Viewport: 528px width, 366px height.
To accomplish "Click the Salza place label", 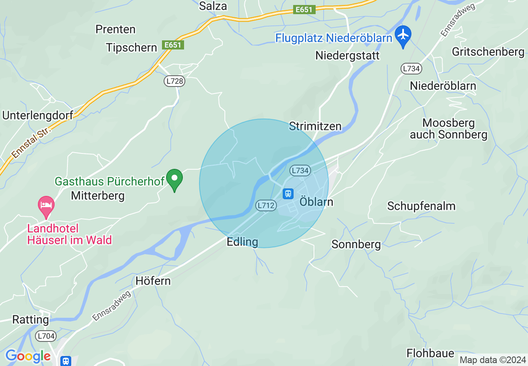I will click(213, 6).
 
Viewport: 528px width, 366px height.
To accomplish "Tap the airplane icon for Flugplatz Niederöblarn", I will click(403, 35).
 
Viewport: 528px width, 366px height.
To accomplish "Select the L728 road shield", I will click(174, 81).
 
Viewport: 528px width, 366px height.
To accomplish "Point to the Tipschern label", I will click(132, 47).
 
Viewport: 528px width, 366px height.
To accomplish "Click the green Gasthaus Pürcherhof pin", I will click(174, 179).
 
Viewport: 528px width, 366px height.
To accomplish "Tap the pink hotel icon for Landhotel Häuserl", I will click(46, 205).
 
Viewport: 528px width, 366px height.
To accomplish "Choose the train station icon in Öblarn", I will click(288, 193).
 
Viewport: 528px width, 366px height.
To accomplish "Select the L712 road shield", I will click(266, 205).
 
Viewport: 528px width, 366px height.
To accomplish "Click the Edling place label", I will click(242, 242).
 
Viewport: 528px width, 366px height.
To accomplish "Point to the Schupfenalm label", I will click(421, 206).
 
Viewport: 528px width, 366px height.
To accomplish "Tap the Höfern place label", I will click(153, 281).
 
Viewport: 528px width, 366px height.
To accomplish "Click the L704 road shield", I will click(46, 336).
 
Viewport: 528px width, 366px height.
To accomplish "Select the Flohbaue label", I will click(431, 354).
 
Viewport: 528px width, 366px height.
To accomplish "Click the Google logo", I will click(28, 356).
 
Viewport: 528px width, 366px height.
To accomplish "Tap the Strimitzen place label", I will click(315, 126).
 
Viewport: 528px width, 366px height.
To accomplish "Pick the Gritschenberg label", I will click(488, 52).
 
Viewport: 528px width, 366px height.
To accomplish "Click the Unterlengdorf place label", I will click(38, 115).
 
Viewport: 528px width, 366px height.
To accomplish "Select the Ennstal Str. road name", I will click(31, 142).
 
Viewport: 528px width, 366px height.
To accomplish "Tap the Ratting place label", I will click(31, 319).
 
